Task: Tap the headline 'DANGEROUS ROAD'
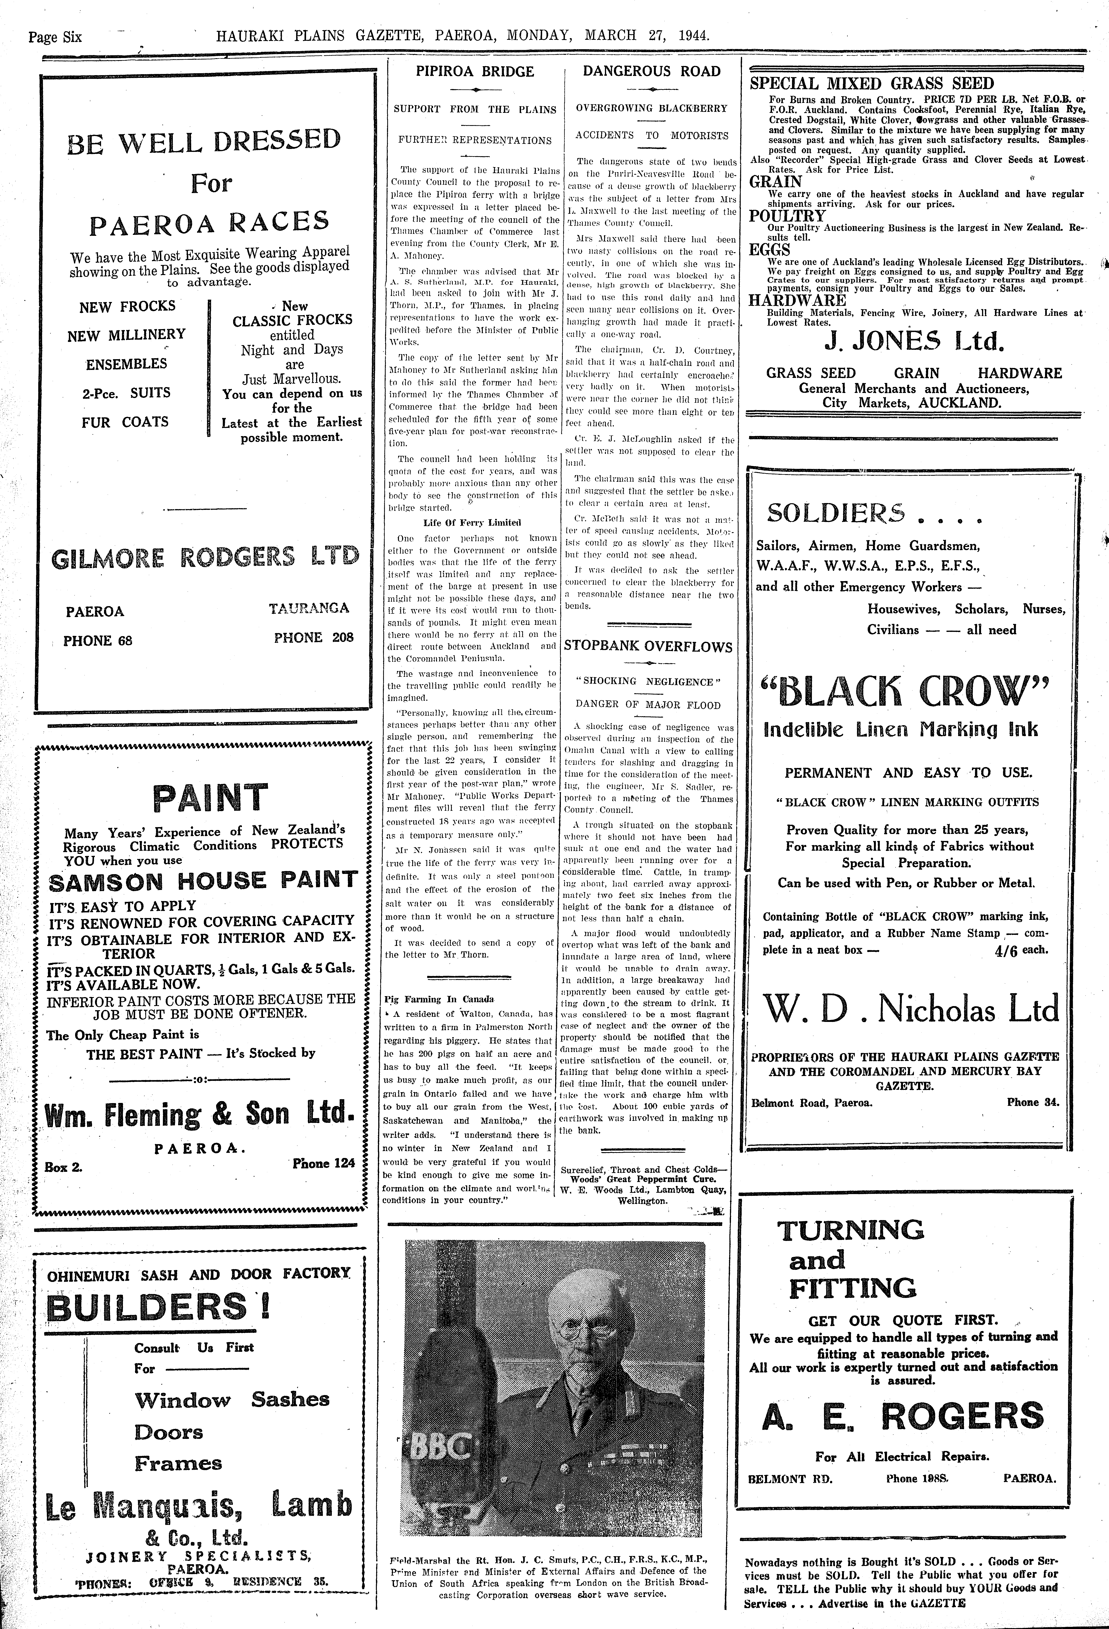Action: tap(652, 71)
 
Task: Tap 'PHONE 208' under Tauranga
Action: tap(313, 637)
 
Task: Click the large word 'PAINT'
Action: tap(210, 798)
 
